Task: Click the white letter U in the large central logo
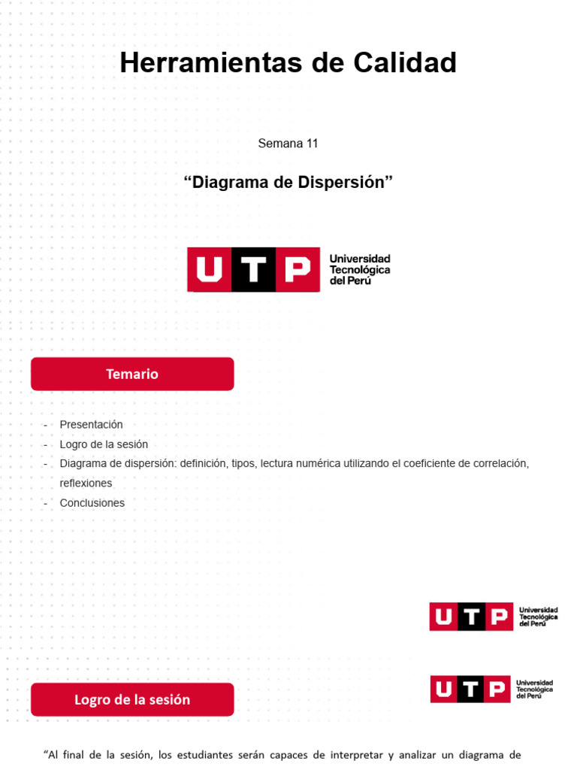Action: (210, 269)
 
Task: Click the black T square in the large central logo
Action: (253, 269)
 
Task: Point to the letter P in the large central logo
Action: (298, 269)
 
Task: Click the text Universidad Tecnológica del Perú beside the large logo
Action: (360, 269)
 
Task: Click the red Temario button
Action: (132, 374)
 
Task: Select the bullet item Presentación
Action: (91, 425)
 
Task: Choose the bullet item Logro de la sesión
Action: (104, 444)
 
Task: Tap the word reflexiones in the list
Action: (86, 484)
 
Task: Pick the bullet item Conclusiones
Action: (92, 503)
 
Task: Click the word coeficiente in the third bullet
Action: (419, 464)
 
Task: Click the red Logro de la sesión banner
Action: (132, 699)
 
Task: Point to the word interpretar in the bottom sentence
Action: (360, 754)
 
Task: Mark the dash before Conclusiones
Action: (46, 503)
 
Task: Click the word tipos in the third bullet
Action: (242, 464)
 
